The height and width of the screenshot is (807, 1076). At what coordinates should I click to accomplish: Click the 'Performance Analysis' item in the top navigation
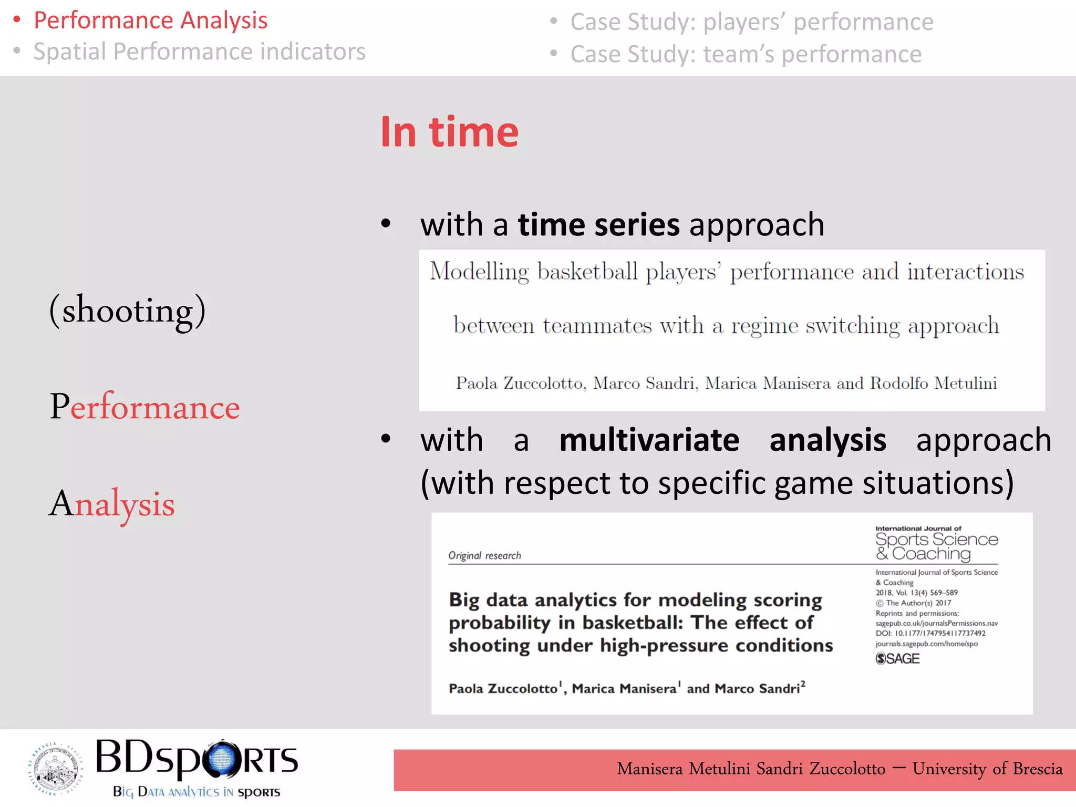(150, 20)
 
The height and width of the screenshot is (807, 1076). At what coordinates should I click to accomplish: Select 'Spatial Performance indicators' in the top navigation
(199, 51)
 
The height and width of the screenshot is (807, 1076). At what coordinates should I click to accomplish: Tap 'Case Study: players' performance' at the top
(751, 22)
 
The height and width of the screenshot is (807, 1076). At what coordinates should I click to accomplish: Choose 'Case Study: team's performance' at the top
(746, 54)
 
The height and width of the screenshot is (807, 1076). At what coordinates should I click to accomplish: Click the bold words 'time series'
(598, 225)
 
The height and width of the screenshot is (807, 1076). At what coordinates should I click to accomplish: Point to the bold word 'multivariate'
(649, 440)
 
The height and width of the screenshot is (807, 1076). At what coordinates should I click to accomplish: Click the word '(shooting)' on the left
(127, 310)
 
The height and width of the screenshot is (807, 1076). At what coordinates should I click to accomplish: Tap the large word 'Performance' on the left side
(144, 407)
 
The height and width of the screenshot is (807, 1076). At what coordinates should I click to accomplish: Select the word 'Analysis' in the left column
(112, 503)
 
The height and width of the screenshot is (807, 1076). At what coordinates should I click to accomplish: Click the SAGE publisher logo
(897, 658)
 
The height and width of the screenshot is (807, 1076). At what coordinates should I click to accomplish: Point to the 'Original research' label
(484, 555)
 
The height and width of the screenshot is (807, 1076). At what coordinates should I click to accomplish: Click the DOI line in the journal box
(930, 633)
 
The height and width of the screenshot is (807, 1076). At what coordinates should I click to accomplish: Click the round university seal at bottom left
(55, 768)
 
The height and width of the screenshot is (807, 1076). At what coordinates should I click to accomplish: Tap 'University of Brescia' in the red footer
(987, 769)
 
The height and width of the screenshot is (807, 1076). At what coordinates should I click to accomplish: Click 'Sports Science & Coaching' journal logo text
(936, 546)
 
